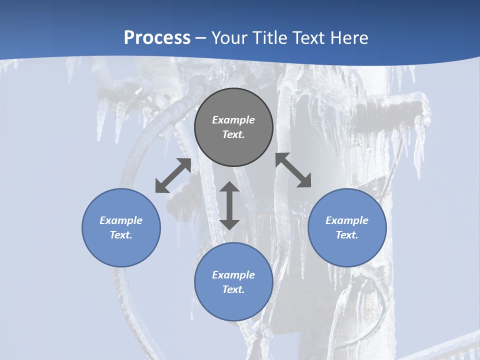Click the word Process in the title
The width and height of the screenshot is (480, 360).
[x=157, y=38]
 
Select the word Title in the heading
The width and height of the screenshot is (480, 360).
[x=270, y=38]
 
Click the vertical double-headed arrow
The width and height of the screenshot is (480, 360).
[x=229, y=205]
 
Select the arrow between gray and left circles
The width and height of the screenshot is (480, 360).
[x=173, y=175]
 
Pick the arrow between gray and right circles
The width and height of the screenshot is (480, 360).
[x=293, y=170]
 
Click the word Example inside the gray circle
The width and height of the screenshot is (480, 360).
[x=233, y=120]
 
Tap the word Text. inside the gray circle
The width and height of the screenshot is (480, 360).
[x=233, y=134]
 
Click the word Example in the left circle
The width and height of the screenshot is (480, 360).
[x=121, y=220]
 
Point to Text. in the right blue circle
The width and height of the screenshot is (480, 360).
[x=347, y=235]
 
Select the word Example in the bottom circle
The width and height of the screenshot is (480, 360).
[x=233, y=275]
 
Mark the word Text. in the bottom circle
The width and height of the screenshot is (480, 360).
[x=233, y=289]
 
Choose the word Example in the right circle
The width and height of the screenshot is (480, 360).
[x=347, y=220]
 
